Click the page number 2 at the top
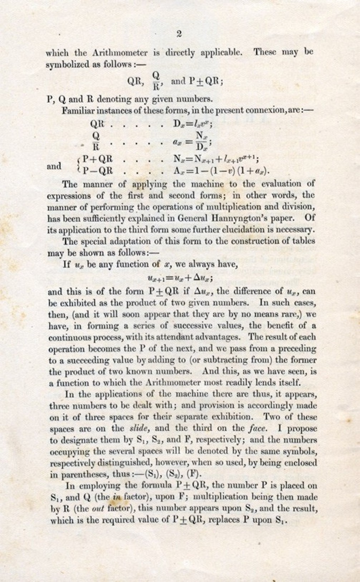pos(179,34)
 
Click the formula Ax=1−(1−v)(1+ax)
pos(222,170)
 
